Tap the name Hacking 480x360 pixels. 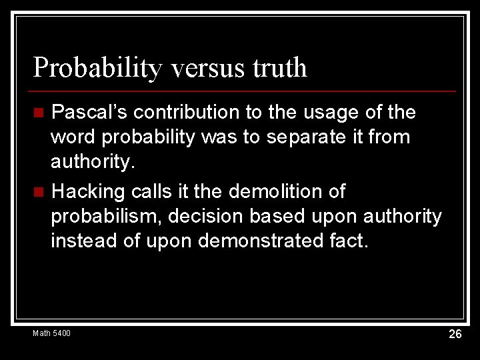[x=89, y=192]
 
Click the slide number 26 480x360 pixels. [x=455, y=334]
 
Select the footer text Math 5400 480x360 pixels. [x=51, y=333]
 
